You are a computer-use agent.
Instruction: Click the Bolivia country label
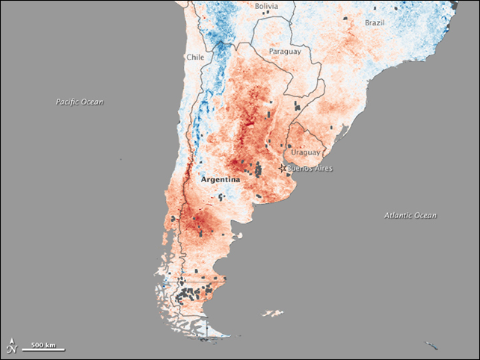pyautogui.click(x=266, y=6)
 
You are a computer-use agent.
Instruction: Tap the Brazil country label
pyautogui.click(x=375, y=23)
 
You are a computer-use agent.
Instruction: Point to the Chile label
pyautogui.click(x=195, y=57)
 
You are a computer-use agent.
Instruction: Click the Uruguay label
pyautogui.click(x=304, y=152)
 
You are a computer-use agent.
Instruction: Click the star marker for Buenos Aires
pyautogui.click(x=283, y=169)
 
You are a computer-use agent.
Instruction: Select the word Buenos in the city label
pyautogui.click(x=300, y=169)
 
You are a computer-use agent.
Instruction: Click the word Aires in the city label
pyautogui.click(x=323, y=169)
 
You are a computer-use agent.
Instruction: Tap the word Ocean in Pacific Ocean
pyautogui.click(x=94, y=101)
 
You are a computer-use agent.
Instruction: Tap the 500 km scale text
pyautogui.click(x=43, y=344)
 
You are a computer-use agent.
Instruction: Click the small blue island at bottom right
pyautogui.click(x=431, y=344)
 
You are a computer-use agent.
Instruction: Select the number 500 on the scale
pyautogui.click(x=37, y=344)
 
